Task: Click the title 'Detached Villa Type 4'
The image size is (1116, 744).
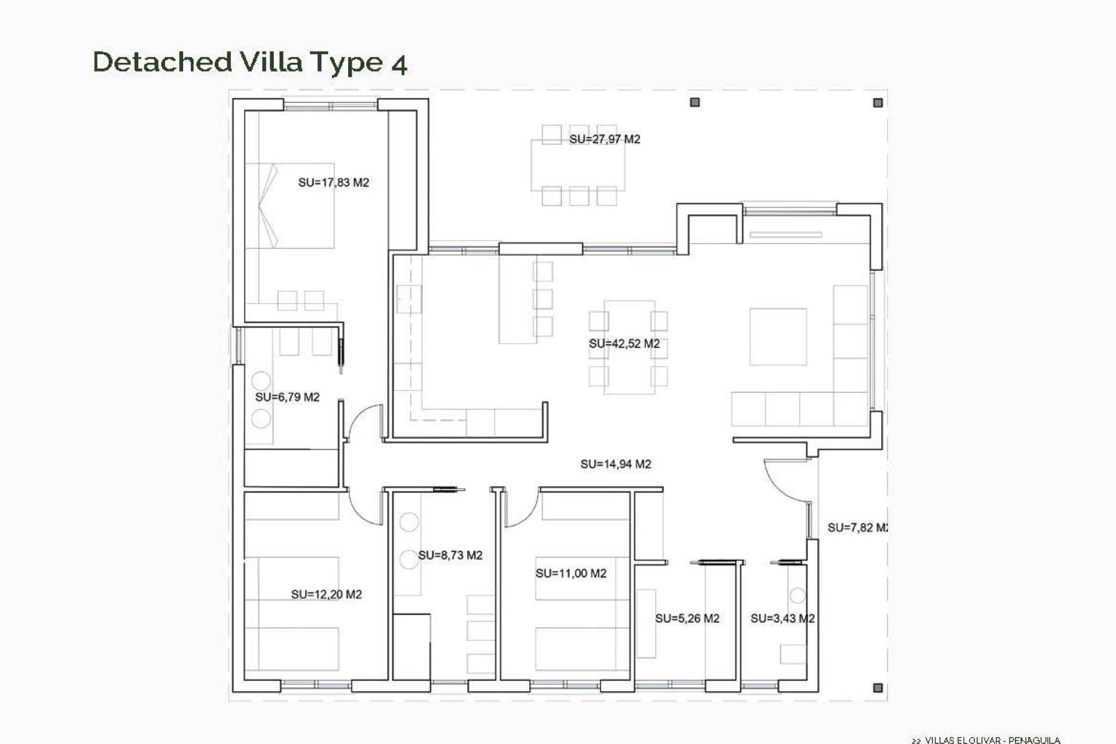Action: [x=250, y=62]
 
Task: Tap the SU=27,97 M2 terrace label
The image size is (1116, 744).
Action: [x=604, y=139]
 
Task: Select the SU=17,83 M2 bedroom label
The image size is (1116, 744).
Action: [x=334, y=183]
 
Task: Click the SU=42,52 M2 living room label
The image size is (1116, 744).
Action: [x=624, y=344]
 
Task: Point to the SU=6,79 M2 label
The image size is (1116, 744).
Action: [x=287, y=397]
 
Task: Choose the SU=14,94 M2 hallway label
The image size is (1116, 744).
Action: [x=616, y=464]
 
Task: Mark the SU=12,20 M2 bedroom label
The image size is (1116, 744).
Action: [x=326, y=594]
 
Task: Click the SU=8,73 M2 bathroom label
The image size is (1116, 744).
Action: [x=450, y=555]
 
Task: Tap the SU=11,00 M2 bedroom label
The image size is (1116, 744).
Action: [x=571, y=573]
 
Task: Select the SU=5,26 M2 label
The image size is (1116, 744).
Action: [x=687, y=618]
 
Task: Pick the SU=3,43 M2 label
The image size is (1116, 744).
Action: [x=782, y=618]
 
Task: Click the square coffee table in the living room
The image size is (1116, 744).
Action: [x=778, y=337]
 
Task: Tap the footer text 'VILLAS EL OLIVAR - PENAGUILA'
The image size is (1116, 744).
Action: [x=992, y=740]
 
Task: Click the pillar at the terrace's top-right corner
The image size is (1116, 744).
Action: [x=878, y=103]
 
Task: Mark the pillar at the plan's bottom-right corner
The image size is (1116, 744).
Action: [x=878, y=688]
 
